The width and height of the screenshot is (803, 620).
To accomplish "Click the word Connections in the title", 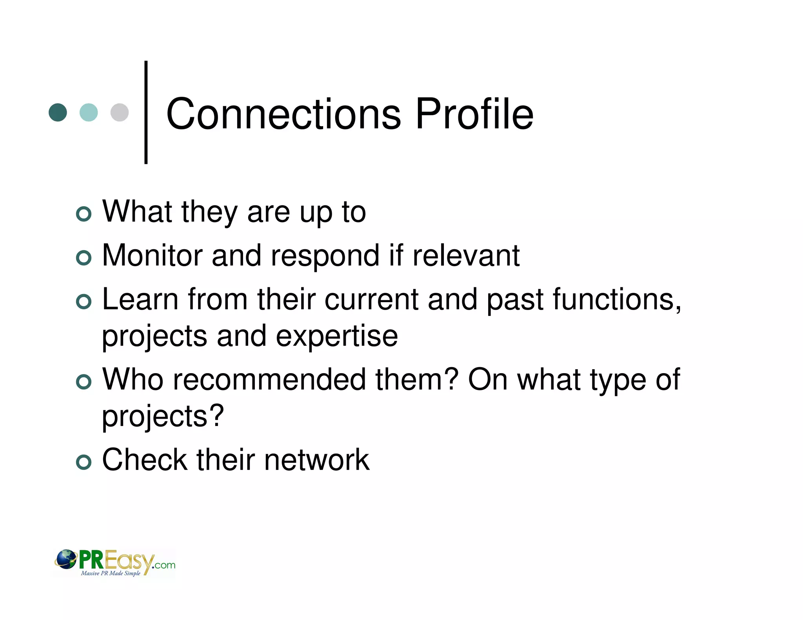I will click(283, 114).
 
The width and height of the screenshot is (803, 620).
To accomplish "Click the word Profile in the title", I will click(474, 114).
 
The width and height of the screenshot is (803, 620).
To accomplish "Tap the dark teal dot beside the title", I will click(58, 112).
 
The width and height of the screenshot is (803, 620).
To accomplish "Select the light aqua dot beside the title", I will click(89, 112).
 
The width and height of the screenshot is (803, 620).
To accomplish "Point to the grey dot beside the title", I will click(120, 112).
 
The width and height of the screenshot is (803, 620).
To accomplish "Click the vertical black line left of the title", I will click(146, 112).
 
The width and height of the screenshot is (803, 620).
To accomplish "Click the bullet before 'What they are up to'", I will click(84, 214).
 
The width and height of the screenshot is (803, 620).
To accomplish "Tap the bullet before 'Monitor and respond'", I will click(84, 258).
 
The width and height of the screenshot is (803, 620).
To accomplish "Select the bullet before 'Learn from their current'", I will click(84, 302).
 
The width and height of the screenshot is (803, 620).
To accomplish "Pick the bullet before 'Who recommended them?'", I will click(84, 382).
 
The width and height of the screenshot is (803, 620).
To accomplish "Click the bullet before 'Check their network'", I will click(84, 462).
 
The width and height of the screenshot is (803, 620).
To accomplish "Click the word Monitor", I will click(152, 256).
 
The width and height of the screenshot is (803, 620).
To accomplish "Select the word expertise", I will click(337, 337).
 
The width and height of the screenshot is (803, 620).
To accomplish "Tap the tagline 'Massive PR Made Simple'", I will click(111, 573).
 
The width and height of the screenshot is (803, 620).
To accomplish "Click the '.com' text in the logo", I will click(165, 565).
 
